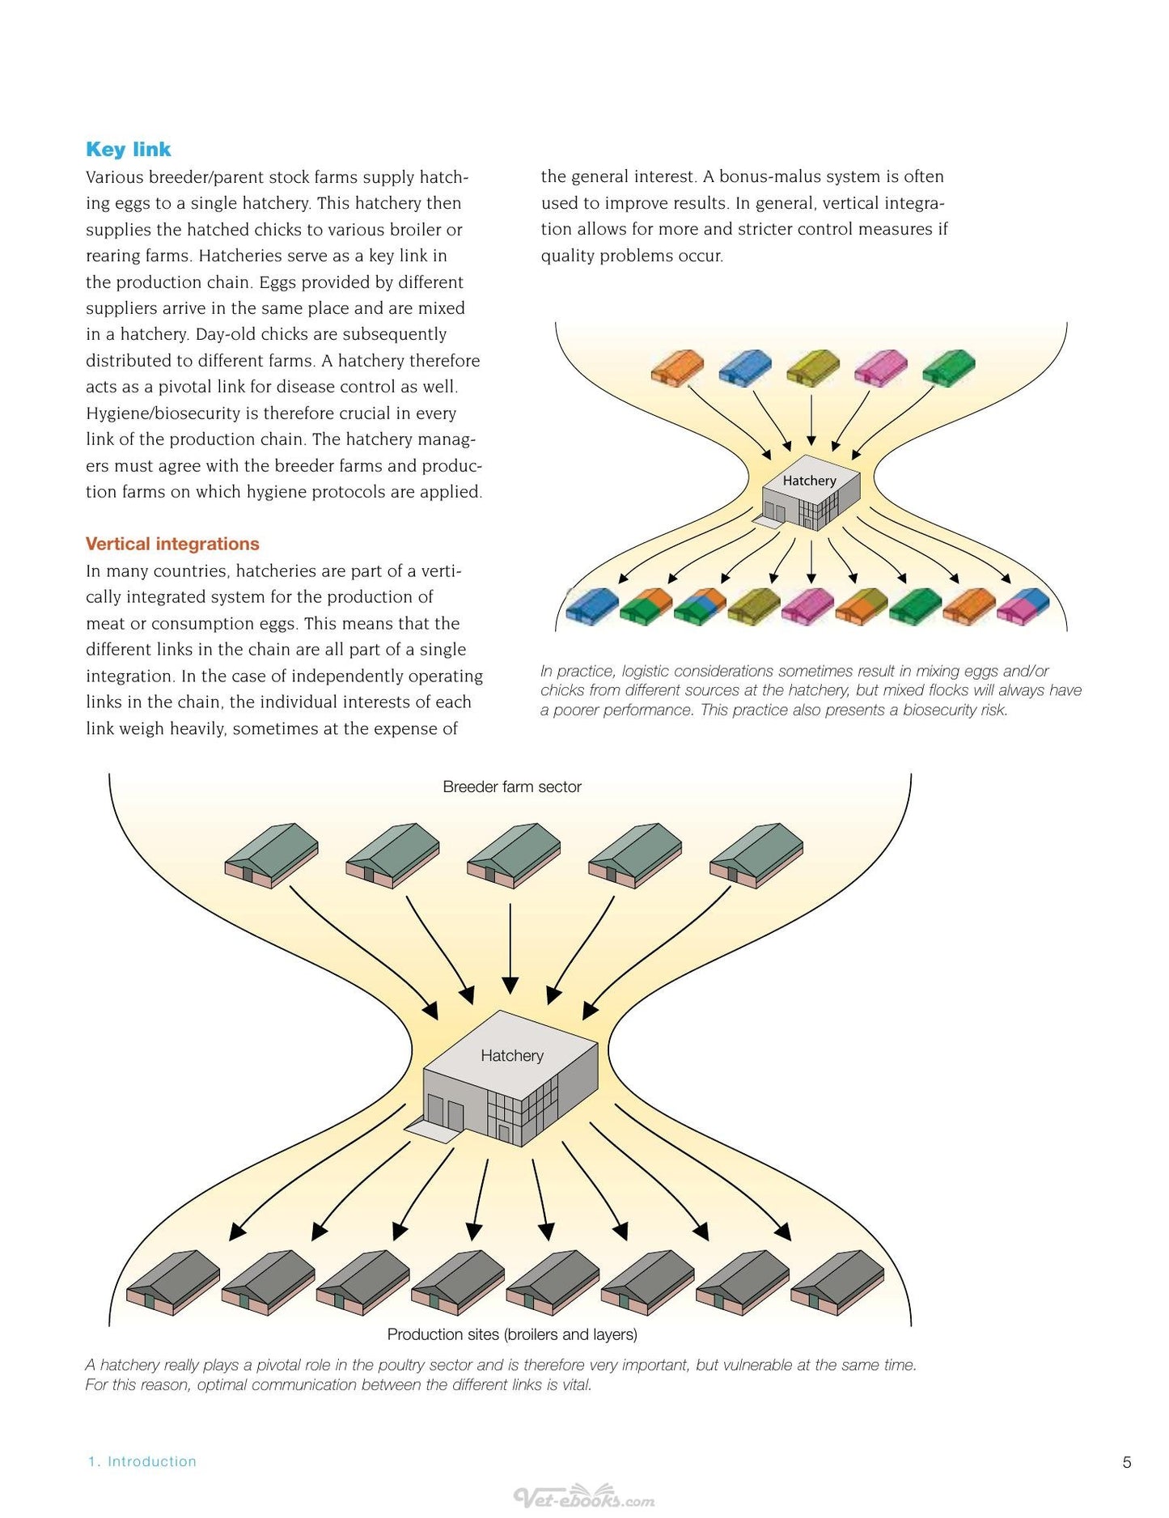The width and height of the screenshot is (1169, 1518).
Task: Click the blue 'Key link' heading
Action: click(128, 150)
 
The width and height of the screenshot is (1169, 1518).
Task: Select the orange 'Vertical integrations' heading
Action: click(172, 544)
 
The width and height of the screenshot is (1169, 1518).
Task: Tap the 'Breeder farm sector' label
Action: click(512, 787)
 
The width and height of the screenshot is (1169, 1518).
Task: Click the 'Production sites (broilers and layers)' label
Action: click(512, 1334)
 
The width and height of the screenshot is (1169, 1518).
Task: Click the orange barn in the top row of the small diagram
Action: click(677, 367)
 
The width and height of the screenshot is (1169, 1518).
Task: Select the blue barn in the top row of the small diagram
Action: click(745, 367)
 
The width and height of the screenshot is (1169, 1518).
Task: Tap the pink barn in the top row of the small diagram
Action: click(881, 367)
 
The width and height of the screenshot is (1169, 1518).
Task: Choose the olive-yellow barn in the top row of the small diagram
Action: click(813, 367)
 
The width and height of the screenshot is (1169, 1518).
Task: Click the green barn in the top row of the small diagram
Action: click(949, 367)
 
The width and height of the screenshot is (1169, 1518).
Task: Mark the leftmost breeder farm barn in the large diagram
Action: click(271, 855)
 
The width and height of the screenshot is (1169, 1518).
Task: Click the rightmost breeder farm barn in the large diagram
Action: click(756, 855)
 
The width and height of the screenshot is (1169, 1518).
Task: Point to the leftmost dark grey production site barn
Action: click(173, 1283)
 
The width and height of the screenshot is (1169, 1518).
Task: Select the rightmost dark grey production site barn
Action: click(837, 1283)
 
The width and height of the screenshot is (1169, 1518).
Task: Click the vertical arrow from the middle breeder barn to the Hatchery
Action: click(510, 948)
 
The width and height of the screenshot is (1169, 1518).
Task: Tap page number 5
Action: click(1127, 1462)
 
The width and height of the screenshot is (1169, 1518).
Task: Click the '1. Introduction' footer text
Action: click(142, 1461)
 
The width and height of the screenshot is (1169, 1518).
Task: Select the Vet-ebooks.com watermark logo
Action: click(584, 1498)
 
